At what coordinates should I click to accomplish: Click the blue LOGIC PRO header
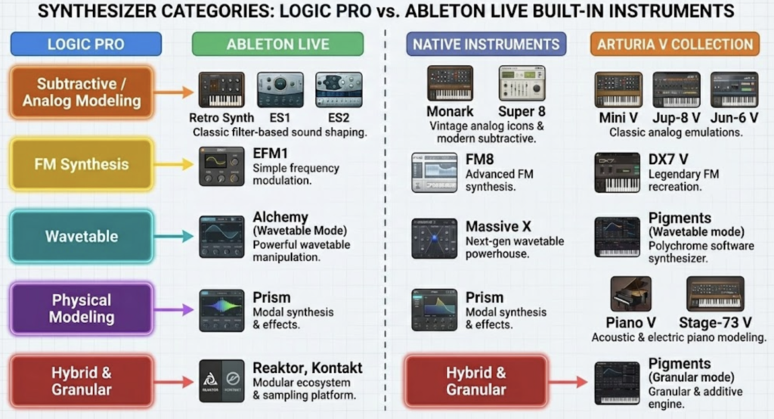(x=86, y=44)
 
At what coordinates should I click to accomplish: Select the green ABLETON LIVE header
(x=277, y=44)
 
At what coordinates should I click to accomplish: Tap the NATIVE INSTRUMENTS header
(x=486, y=44)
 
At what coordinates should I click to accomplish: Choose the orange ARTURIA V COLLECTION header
(x=675, y=44)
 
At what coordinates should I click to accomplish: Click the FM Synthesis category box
(x=82, y=164)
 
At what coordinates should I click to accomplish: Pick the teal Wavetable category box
(x=82, y=236)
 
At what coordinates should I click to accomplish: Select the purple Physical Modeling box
(x=82, y=309)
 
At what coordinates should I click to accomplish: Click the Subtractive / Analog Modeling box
(x=82, y=92)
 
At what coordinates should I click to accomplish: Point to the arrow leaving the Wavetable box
(x=173, y=236)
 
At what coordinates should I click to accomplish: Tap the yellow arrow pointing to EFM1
(x=173, y=164)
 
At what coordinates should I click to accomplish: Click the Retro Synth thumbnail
(x=221, y=89)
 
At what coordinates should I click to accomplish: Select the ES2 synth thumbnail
(x=339, y=89)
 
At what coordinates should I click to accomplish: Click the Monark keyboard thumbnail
(x=450, y=83)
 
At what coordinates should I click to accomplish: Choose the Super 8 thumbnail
(x=522, y=83)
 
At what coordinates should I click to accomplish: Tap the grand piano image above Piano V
(x=631, y=293)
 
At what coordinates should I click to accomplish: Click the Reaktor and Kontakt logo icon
(x=221, y=380)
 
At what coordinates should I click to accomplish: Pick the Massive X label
(x=498, y=226)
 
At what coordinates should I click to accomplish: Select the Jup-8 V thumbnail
(x=676, y=89)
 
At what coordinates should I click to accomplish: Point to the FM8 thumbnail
(x=435, y=172)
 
